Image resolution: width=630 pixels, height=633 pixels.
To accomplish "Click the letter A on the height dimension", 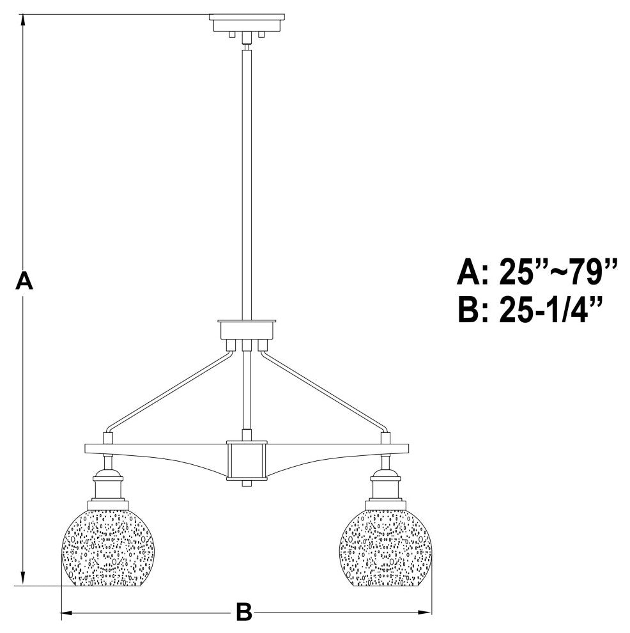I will coord(24,281).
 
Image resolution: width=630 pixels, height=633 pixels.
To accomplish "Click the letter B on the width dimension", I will coord(243,612).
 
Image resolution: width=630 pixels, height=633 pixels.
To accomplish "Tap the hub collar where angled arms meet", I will coord(247,329).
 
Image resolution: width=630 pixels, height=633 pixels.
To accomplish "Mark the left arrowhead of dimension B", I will coord(65,613).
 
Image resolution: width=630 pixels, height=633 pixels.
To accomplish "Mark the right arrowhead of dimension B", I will coord(427,613).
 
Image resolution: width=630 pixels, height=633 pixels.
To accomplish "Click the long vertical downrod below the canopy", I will coord(247,179).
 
